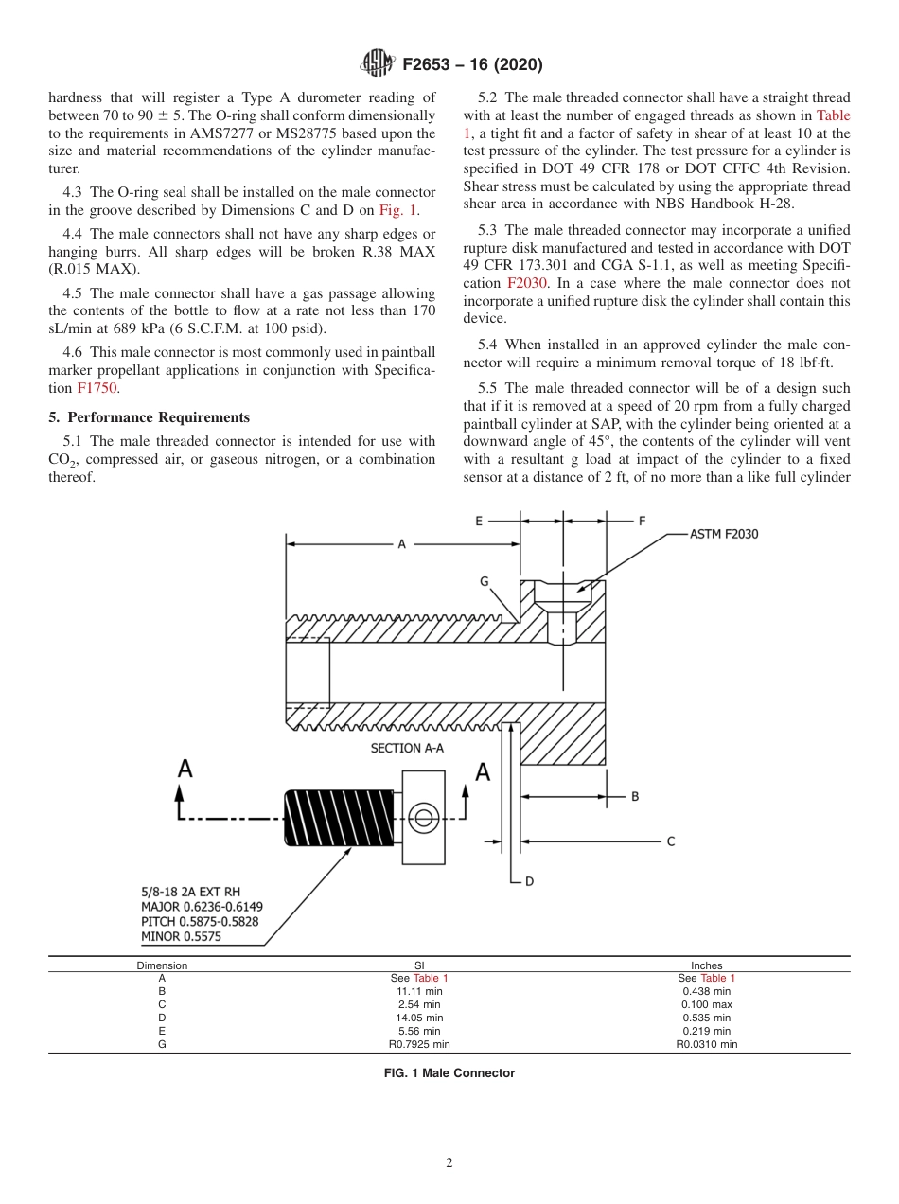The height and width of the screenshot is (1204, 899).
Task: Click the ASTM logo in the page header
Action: click(379, 64)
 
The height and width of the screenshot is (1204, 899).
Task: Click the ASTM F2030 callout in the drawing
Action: click(723, 534)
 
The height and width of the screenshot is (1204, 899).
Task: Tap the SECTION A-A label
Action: click(407, 748)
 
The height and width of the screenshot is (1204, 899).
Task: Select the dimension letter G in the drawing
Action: click(484, 582)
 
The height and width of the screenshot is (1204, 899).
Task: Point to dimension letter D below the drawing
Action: click(529, 880)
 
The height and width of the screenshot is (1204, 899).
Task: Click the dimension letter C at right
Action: click(671, 841)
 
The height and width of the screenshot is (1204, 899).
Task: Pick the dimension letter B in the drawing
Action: click(635, 796)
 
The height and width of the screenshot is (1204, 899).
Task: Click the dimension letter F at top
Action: click(643, 520)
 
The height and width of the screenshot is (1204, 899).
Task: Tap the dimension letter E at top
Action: click(479, 520)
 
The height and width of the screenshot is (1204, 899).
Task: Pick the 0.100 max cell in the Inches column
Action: click(706, 1004)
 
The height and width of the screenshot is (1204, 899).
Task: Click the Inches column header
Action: click(706, 965)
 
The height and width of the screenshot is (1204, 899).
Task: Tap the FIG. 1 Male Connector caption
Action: click(449, 1072)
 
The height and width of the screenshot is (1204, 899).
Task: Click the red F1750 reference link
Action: click(97, 388)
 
